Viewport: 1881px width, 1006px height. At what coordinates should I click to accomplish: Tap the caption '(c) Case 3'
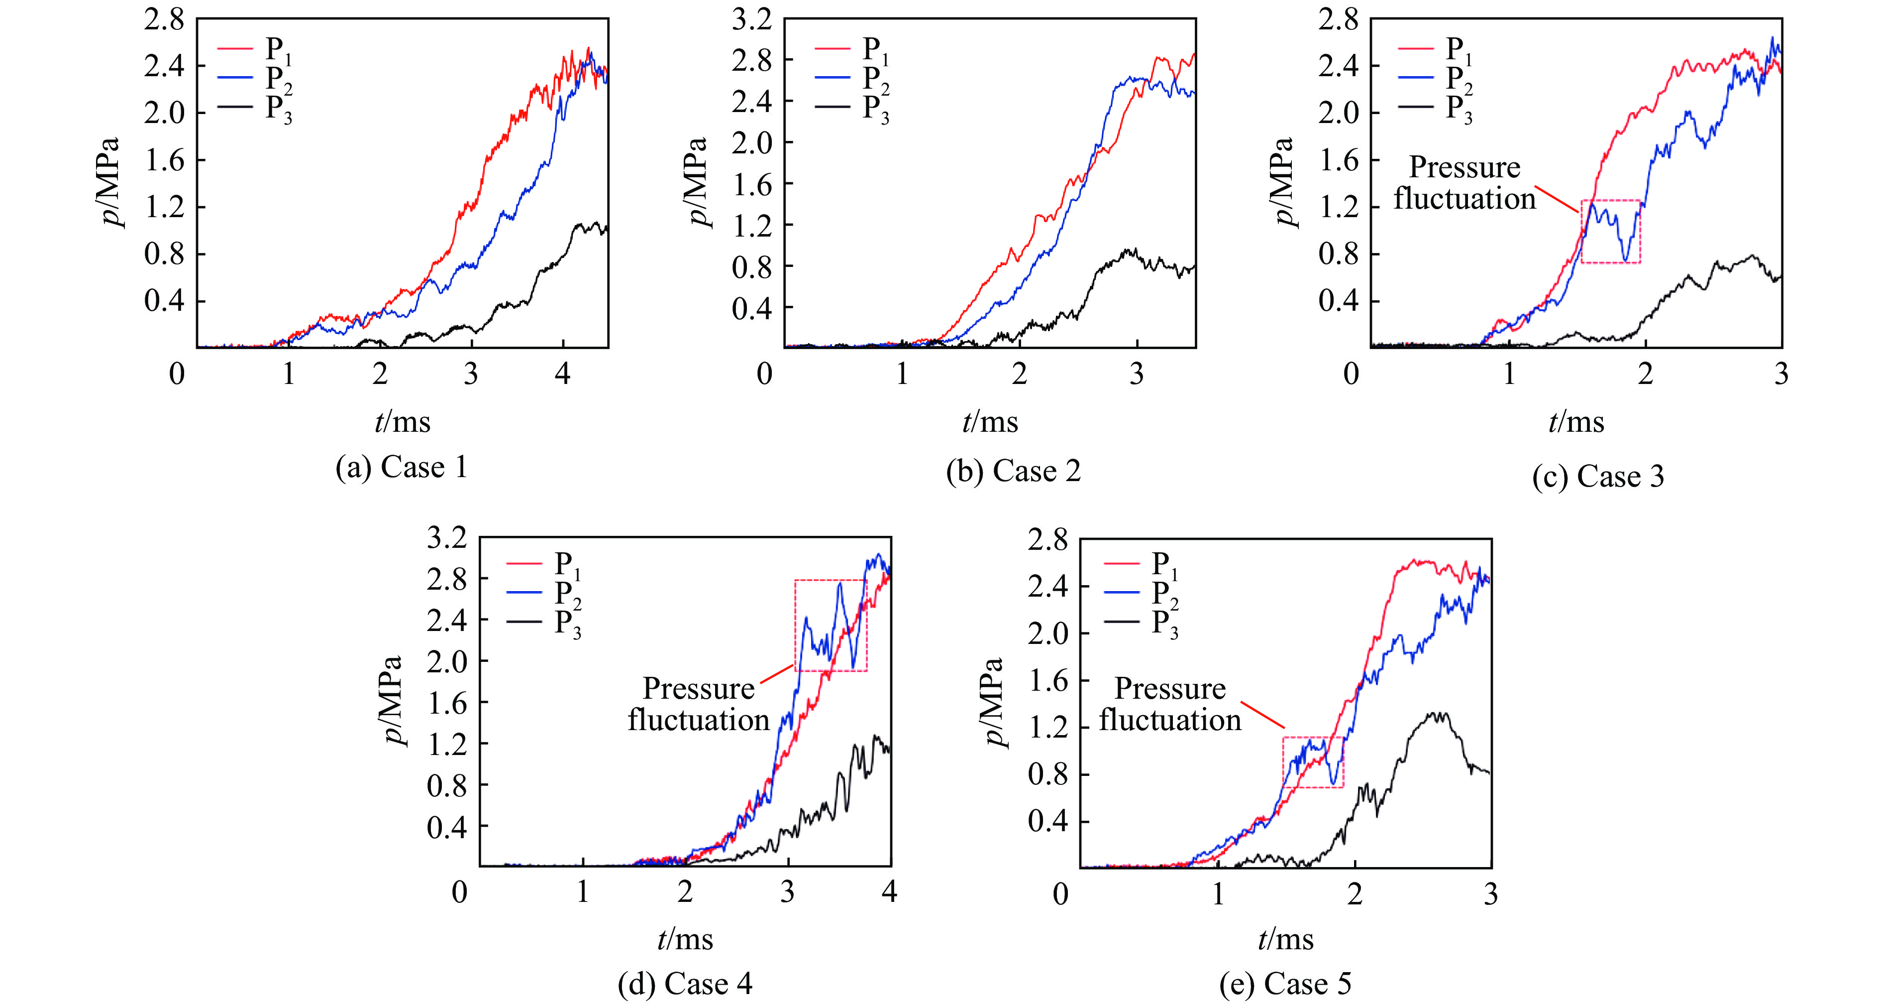[1598, 476]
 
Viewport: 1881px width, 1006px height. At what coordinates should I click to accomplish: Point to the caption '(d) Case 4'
[684, 984]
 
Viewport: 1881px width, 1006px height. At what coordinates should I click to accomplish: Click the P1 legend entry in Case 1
[256, 49]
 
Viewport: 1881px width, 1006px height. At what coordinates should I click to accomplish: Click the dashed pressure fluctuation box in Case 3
[1610, 231]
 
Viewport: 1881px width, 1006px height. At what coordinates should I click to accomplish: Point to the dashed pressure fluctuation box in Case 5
[1313, 762]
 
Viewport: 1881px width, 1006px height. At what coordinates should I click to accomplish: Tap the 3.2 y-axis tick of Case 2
[752, 20]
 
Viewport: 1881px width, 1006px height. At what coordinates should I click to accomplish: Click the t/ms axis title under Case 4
[684, 940]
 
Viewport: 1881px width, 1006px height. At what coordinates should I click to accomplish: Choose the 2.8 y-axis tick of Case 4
[446, 579]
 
